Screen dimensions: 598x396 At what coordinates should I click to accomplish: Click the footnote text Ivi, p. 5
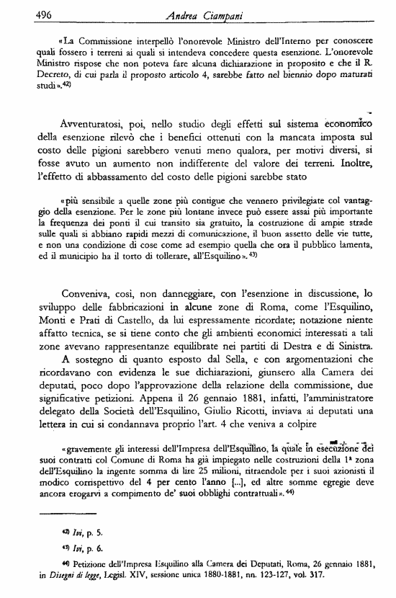[56, 533]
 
